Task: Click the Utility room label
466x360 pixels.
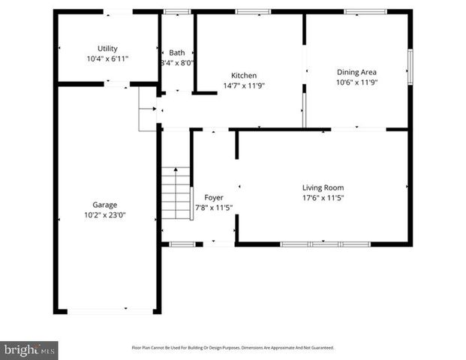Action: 107,48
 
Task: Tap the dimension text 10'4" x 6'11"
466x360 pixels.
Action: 107,58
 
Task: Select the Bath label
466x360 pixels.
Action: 176,52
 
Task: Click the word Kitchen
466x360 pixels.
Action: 244,75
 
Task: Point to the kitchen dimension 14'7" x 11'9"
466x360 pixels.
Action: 244,85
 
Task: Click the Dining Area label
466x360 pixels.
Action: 356,72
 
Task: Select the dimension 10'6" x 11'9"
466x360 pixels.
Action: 356,82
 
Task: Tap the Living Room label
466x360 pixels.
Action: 323,187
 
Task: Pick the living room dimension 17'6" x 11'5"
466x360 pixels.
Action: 323,197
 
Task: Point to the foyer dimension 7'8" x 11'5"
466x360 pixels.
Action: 214,208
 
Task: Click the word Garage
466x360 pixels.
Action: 104,204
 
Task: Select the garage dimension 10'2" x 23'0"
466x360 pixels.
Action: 104,214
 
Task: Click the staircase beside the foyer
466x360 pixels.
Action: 176,193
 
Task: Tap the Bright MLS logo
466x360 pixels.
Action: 29,349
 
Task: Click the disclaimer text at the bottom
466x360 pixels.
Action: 233,347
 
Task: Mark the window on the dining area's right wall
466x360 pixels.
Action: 410,65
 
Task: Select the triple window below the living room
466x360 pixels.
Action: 325,244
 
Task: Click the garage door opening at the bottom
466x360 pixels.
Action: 105,311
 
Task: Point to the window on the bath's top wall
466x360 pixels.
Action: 177,11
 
